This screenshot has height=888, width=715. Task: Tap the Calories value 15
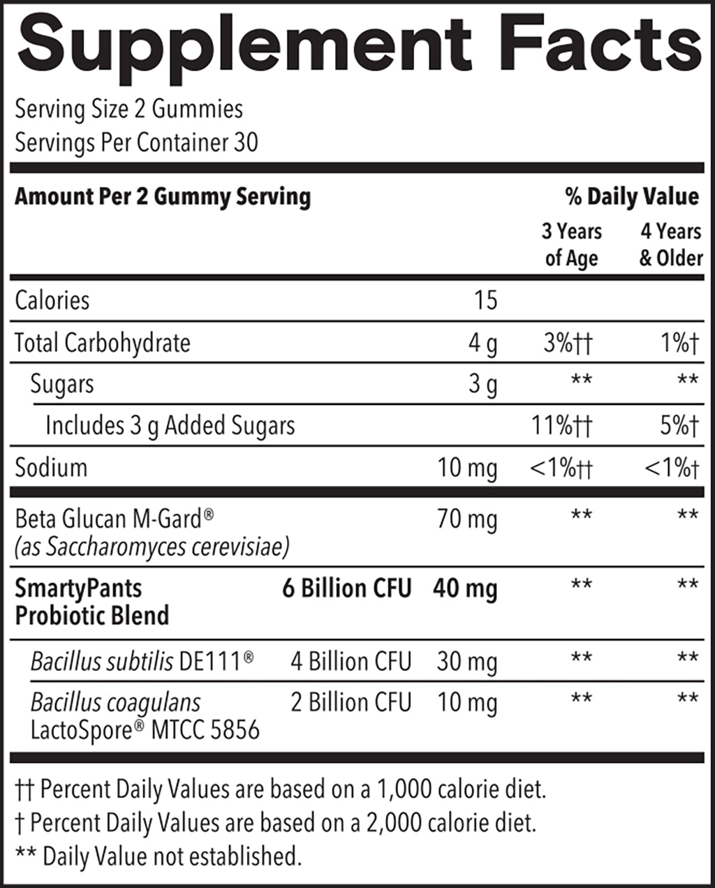click(x=485, y=300)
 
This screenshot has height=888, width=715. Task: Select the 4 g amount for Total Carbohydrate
click(x=482, y=343)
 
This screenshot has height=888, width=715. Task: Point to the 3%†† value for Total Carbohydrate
click(x=568, y=343)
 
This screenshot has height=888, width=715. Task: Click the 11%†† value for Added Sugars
click(x=561, y=426)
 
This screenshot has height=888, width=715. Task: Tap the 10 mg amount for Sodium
click(x=467, y=468)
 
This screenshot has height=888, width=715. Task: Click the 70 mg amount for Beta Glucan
click(x=467, y=520)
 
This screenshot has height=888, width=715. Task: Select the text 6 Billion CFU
click(x=347, y=589)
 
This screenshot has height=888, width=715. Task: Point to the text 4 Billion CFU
click(x=351, y=661)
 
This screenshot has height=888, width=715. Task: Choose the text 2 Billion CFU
click(x=351, y=702)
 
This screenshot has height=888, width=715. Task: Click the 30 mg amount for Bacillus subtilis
click(x=467, y=661)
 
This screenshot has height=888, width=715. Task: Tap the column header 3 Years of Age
click(x=572, y=244)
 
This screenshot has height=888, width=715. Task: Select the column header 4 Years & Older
click(x=671, y=244)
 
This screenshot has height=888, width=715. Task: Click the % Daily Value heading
click(x=633, y=197)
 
